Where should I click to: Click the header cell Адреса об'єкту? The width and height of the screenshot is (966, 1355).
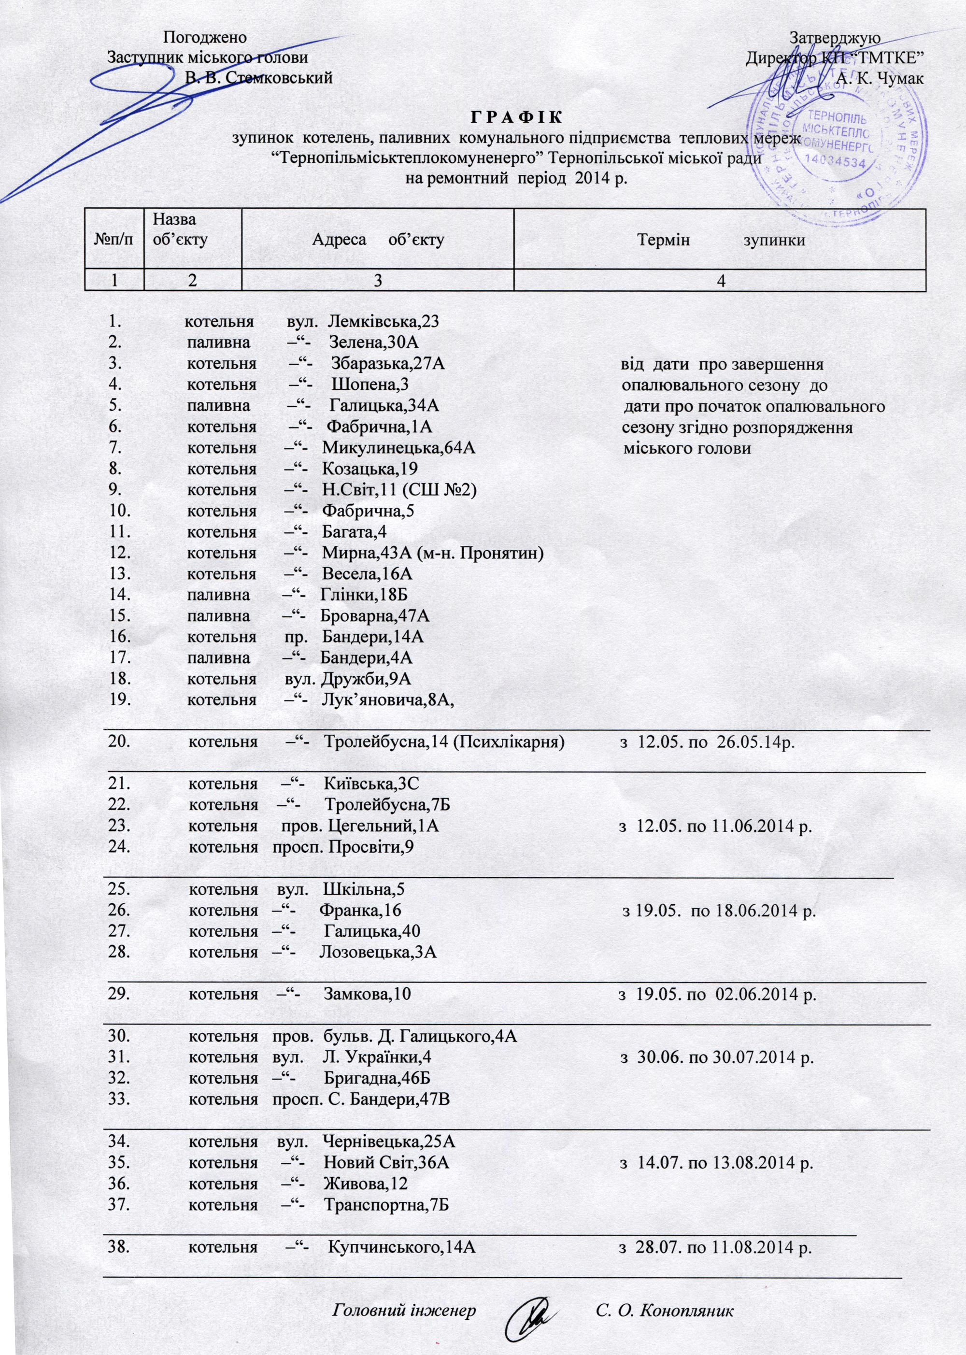pos(378,240)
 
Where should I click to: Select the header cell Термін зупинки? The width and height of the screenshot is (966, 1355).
pos(720,240)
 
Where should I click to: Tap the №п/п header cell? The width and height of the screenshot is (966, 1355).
pos(114,240)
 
